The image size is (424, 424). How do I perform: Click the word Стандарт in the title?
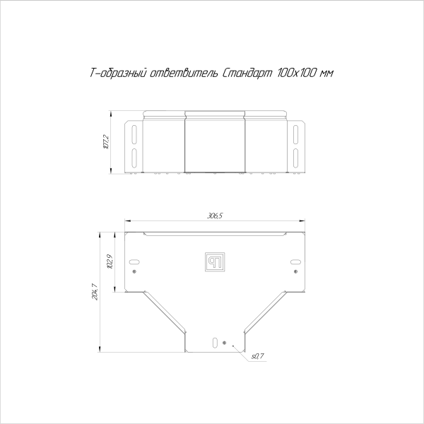[246, 73]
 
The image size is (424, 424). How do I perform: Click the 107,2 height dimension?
[106, 141]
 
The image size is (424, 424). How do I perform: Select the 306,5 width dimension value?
[215, 216]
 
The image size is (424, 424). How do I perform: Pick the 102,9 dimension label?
[110, 262]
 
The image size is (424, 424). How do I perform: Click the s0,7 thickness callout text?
[257, 356]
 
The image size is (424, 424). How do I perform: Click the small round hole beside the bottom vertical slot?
[224, 343]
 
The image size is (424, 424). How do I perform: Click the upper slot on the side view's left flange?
[134, 132]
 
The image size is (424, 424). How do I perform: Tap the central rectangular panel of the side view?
[215, 145]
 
